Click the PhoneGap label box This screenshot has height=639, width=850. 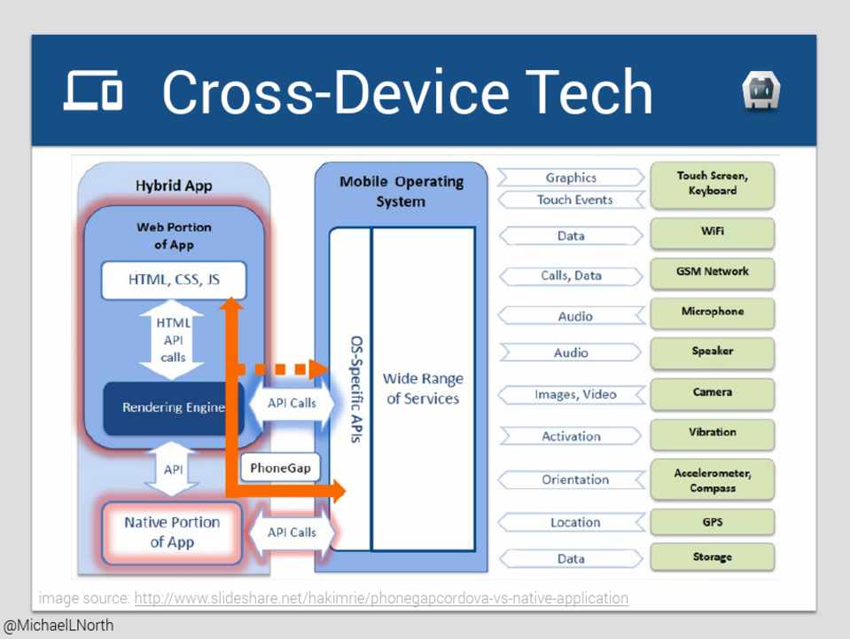(x=280, y=467)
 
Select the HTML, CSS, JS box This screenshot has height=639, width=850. (x=174, y=280)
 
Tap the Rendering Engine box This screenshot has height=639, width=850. (x=174, y=408)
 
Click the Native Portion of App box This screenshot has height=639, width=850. (x=172, y=532)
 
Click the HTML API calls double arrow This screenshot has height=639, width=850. (x=173, y=340)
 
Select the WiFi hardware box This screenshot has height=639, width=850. (x=713, y=233)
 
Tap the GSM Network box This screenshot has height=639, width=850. (x=713, y=272)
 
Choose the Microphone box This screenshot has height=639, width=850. (x=713, y=312)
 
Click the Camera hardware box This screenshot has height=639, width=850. (x=713, y=392)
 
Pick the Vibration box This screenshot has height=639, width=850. (x=713, y=433)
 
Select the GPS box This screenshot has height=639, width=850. (x=713, y=522)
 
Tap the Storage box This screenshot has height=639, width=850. (x=713, y=557)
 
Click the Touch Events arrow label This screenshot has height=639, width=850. (x=573, y=200)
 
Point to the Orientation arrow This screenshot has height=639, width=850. (x=573, y=479)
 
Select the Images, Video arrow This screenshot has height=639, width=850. (x=573, y=394)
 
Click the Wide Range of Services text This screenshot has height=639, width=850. (x=423, y=389)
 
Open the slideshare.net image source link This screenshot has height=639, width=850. (x=381, y=598)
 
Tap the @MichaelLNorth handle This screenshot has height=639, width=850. (x=58, y=626)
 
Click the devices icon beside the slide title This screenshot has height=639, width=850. (x=93, y=91)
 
